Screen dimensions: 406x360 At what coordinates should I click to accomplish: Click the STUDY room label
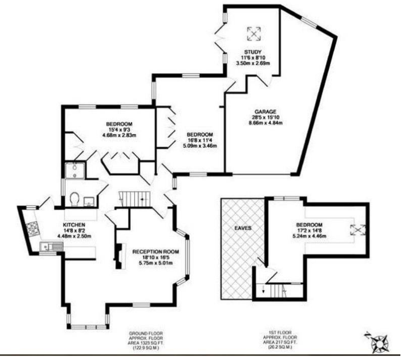tap(252, 52)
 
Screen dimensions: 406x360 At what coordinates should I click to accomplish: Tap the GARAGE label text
tap(265, 112)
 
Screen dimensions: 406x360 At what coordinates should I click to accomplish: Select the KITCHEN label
tap(74, 225)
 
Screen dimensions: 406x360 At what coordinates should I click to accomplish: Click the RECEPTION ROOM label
tap(156, 251)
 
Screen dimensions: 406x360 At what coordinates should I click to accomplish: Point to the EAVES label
tap(243, 228)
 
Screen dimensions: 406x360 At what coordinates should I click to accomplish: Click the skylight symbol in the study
tap(254, 34)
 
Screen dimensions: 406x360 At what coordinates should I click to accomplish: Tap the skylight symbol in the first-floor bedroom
tap(358, 230)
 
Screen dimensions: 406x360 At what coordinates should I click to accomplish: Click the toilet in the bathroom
tap(74, 199)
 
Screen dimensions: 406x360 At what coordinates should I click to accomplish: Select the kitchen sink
tap(52, 247)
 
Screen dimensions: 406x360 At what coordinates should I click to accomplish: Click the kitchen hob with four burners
tap(33, 229)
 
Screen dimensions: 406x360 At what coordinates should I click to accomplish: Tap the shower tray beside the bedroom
tap(75, 170)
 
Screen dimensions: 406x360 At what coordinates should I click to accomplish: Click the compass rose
tap(378, 343)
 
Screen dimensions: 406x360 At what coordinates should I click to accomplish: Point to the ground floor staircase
tap(135, 199)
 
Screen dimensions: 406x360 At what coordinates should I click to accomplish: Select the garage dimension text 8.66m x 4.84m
tap(266, 123)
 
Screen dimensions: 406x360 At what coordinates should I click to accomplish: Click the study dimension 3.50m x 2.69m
tap(253, 63)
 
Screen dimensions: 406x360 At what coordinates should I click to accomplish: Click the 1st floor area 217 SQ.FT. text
tap(280, 342)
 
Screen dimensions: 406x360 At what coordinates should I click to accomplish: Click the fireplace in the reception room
tap(119, 256)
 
